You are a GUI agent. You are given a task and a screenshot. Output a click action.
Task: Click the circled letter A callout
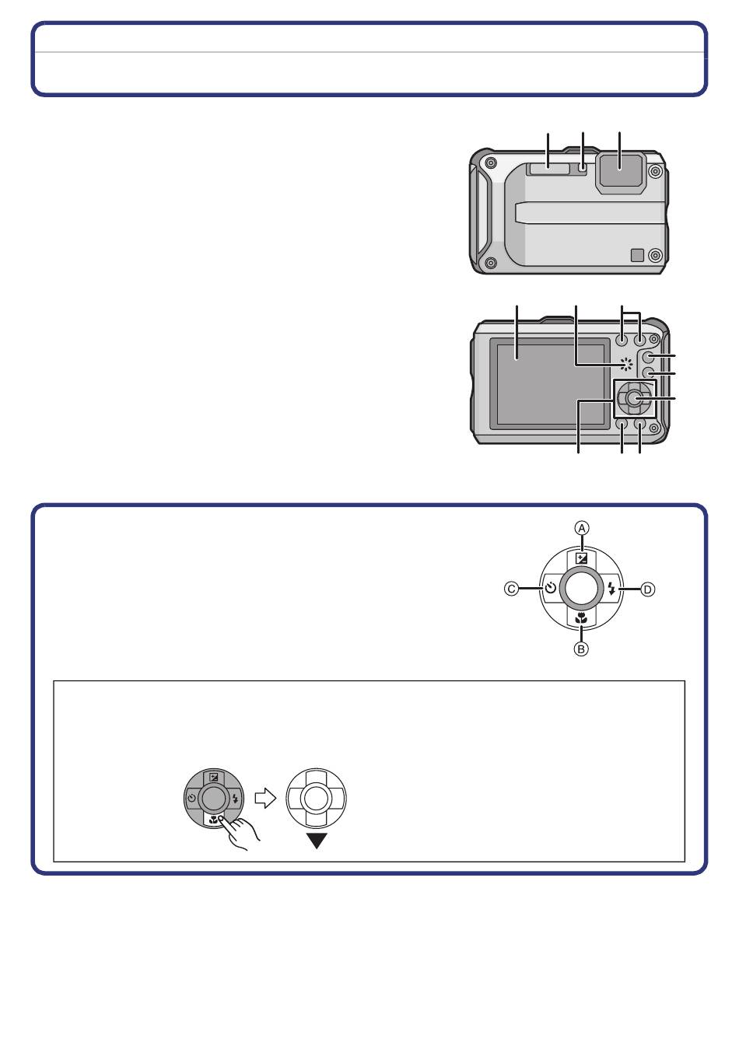coord(581,528)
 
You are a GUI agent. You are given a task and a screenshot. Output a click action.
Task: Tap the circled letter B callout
coord(581,649)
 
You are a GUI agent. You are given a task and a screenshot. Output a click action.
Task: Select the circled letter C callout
coord(511,589)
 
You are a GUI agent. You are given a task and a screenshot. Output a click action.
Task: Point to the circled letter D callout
coord(647,589)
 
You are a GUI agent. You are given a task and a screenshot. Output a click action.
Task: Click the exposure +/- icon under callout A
coord(581,558)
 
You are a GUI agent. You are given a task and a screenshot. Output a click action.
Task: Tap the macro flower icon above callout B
coord(581,618)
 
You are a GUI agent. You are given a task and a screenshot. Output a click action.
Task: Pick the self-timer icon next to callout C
coord(550,589)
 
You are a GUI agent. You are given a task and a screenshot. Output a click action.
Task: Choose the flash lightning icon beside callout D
coord(611,589)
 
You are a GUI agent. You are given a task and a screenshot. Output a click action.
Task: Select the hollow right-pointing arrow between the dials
coord(265,798)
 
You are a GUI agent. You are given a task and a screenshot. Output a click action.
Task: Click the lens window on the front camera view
coord(621,173)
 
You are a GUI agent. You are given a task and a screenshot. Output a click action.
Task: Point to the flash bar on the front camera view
coord(548,169)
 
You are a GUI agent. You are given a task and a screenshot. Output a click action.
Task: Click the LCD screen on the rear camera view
coord(550,384)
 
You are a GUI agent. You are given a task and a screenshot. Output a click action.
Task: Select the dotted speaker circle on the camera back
coord(626,364)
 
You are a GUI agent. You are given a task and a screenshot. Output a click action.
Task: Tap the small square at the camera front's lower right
coord(637,255)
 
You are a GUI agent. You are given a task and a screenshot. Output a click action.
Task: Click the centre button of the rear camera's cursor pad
coord(634,399)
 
